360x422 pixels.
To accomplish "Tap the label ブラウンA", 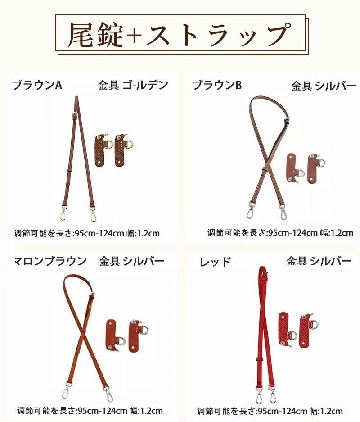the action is click(x=37, y=85).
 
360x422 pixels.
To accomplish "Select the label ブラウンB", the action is click(x=217, y=85).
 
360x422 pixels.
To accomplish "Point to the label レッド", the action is click(x=215, y=262).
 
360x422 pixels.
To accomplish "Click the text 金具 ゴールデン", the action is click(x=133, y=85).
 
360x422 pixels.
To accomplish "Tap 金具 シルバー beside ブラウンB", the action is click(x=324, y=86).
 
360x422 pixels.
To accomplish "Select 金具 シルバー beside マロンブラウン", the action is click(x=131, y=261).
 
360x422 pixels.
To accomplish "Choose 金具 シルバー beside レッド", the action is click(x=319, y=260).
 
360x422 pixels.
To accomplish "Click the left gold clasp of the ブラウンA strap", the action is click(x=63, y=213).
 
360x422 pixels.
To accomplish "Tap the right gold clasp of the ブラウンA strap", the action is click(x=93, y=213).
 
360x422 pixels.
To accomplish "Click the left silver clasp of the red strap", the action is click(x=260, y=395).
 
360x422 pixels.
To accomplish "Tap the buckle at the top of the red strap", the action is click(x=264, y=275).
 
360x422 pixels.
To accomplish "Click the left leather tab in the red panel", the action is click(x=288, y=329).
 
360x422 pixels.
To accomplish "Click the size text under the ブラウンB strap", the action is click(x=280, y=232).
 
